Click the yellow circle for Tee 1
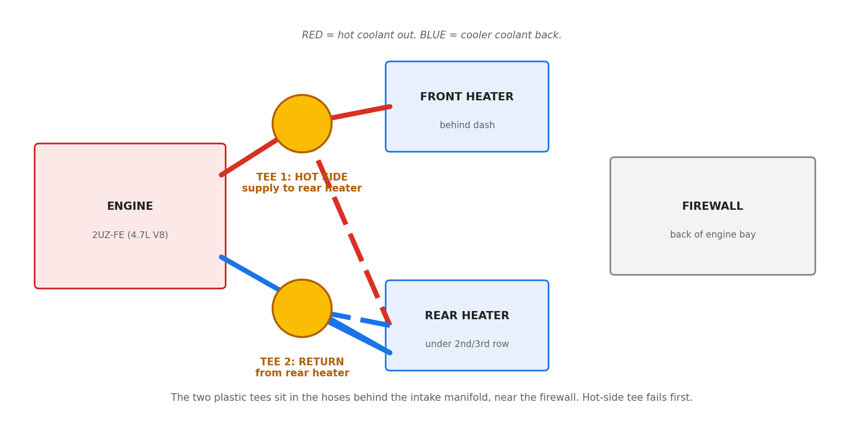coord(302,124)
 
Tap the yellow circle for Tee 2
coord(302,308)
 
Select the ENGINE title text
coord(130,206)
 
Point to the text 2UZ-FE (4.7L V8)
coord(130,235)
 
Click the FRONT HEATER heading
coord(467,97)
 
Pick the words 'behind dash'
coord(467,125)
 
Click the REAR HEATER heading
coord(467,315)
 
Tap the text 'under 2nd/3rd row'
coord(467,343)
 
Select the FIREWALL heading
coord(712,206)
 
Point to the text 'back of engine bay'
coord(713,234)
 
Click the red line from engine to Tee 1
coord(249,157)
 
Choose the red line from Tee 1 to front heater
coord(361,112)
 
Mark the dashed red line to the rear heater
coord(354,242)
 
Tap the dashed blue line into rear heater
coord(361,320)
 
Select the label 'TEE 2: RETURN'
coord(302,362)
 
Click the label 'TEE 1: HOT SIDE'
coord(302,177)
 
